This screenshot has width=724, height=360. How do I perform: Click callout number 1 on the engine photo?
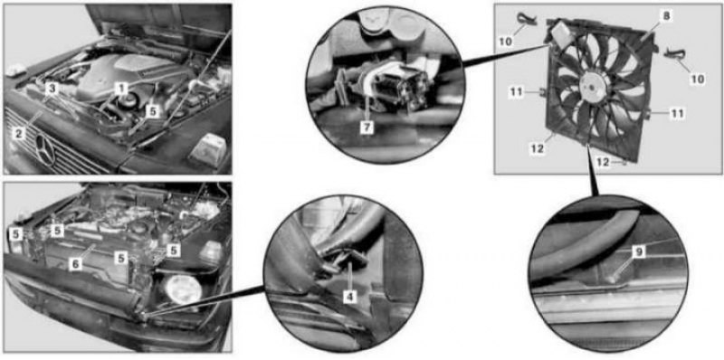pyautogui.click(x=121, y=87)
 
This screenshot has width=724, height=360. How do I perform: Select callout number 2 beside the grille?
pyautogui.click(x=19, y=134)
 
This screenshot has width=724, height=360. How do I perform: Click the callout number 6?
pyautogui.click(x=76, y=264)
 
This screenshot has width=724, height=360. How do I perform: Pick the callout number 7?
pyautogui.click(x=367, y=128)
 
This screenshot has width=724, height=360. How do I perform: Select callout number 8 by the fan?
pyautogui.click(x=665, y=16)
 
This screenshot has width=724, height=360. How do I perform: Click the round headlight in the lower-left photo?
pyautogui.click(x=184, y=289)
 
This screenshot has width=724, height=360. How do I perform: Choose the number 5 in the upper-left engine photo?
pyautogui.click(x=153, y=110)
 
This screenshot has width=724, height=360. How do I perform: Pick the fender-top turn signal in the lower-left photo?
pyautogui.click(x=211, y=252)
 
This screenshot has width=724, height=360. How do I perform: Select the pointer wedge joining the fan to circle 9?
pyautogui.click(x=592, y=170)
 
